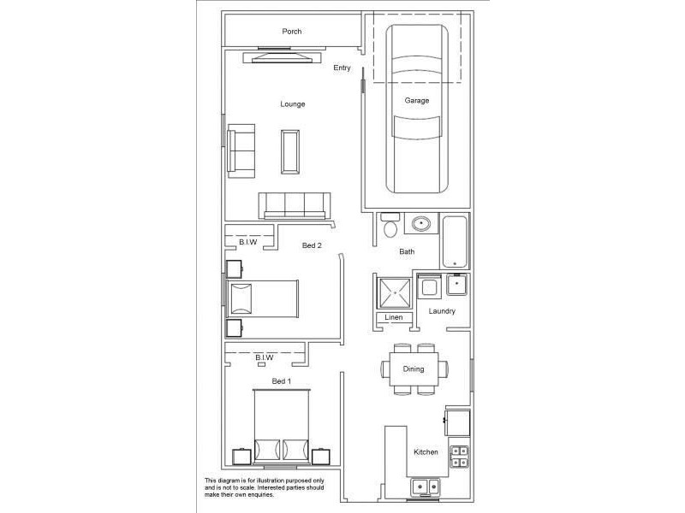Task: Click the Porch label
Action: [x=292, y=32]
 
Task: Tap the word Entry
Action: [x=342, y=68]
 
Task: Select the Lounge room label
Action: [x=292, y=104]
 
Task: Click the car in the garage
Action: [x=417, y=109]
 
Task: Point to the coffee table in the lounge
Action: [x=291, y=151]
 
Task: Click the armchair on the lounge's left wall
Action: [x=241, y=150]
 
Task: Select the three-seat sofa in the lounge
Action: [x=295, y=205]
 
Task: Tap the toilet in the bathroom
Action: [x=390, y=226]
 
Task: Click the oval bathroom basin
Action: [x=420, y=224]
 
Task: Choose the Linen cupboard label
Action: [x=393, y=318]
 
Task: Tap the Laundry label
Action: [x=442, y=311]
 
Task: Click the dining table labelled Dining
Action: [x=414, y=369]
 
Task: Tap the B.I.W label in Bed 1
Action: [x=264, y=357]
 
